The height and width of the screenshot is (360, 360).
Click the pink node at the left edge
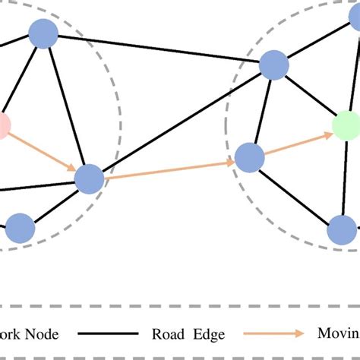(2, 125)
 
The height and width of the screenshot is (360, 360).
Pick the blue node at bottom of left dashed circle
(20, 227)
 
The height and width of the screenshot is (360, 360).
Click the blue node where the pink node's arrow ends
(89, 178)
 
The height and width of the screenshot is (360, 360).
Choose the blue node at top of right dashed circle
(273, 65)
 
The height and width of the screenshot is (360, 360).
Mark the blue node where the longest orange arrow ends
(249, 158)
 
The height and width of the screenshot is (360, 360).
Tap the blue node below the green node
(343, 229)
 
